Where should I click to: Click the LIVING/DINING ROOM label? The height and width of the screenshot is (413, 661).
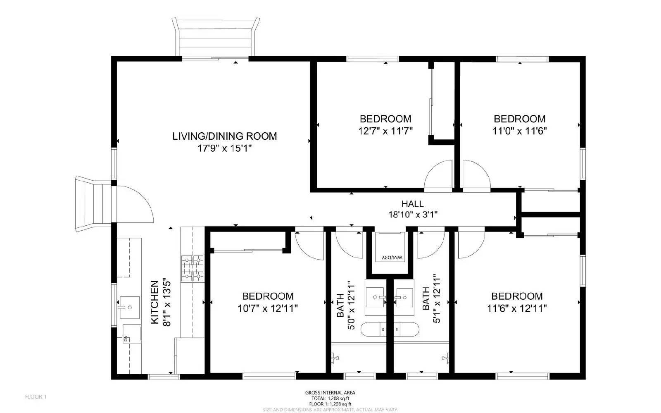coord(224,136)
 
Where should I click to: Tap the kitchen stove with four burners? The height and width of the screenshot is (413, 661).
coord(193,268)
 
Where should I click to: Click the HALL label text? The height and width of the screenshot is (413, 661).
coord(412,204)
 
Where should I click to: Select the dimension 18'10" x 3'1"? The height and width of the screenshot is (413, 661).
coord(412,214)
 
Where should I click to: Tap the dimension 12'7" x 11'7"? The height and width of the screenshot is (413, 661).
coord(385,131)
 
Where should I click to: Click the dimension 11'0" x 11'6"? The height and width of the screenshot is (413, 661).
coord(519,131)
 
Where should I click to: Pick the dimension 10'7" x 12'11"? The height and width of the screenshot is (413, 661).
coord(267,308)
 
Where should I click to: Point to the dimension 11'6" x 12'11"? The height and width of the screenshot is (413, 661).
coord(516,308)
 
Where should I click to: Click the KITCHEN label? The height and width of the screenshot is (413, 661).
coord(155,302)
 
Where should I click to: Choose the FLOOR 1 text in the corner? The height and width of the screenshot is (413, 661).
coord(36,397)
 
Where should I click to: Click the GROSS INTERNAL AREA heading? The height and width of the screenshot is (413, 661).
coord(330,393)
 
